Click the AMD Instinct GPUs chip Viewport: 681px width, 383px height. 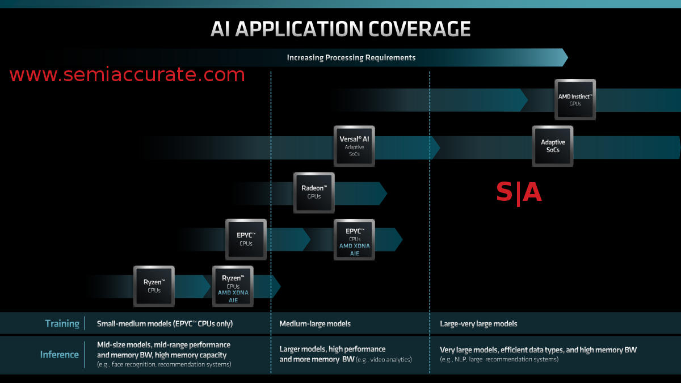575,99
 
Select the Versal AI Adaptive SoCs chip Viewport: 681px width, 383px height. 354,146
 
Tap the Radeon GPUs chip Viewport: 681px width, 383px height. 314,192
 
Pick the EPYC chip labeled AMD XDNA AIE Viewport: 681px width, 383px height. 354,239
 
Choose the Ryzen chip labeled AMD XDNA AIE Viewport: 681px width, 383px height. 233,285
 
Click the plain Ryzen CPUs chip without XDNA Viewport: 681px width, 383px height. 154,285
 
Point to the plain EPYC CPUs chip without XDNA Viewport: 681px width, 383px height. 246,239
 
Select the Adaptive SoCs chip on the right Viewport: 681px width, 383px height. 552,146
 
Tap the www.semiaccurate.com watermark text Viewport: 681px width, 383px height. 127,74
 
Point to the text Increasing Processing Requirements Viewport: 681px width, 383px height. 351,57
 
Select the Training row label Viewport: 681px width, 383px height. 62,323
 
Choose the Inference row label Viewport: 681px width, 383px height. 59,355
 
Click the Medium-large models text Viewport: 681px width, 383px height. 314,323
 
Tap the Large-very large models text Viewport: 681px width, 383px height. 478,323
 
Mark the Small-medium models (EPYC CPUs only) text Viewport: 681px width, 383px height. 165,323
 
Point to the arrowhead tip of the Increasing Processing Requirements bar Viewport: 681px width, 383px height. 565,57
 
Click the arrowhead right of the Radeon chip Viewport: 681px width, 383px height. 382,193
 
